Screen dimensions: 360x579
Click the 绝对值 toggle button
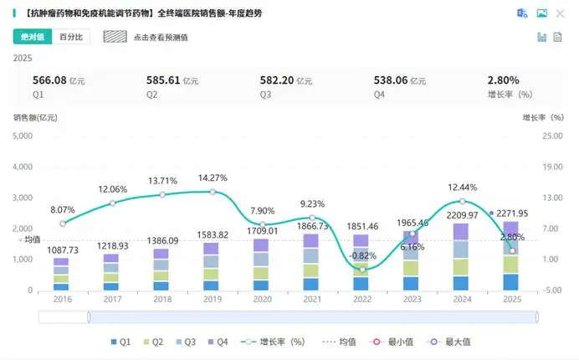[33, 38]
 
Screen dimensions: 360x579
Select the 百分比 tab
[69, 38]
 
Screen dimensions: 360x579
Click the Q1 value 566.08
[49, 80]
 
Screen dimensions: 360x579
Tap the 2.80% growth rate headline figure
[504, 80]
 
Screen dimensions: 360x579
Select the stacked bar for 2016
[61, 275]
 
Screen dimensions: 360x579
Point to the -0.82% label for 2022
[362, 255]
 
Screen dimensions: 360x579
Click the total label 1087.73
[61, 250]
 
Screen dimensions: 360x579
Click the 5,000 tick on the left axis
[22, 167]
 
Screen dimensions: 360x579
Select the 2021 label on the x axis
[311, 300]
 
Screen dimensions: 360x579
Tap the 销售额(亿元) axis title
[34, 117]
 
